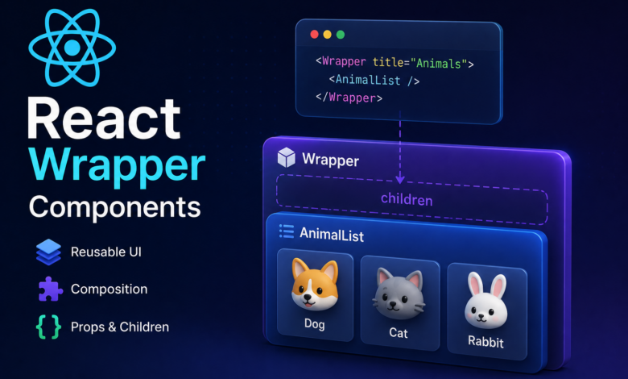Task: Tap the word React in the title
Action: pyautogui.click(x=104, y=119)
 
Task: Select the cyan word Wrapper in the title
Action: pyautogui.click(x=117, y=165)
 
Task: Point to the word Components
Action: pyautogui.click(x=115, y=207)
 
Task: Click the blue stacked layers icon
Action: pyautogui.click(x=48, y=252)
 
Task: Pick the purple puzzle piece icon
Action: pyautogui.click(x=51, y=289)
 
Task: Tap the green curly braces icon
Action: pyautogui.click(x=49, y=327)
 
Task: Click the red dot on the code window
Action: pyautogui.click(x=314, y=35)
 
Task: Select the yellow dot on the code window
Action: pyautogui.click(x=327, y=35)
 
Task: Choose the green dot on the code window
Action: pyautogui.click(x=341, y=35)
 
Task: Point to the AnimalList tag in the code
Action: pyautogui.click(x=374, y=80)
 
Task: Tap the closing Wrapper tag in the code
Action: pyautogui.click(x=349, y=98)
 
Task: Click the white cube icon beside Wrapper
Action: pyautogui.click(x=287, y=157)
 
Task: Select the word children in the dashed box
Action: pyautogui.click(x=407, y=199)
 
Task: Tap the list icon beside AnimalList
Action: pyautogui.click(x=287, y=231)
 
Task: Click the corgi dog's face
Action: pyautogui.click(x=315, y=285)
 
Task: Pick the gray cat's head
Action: pyautogui.click(x=399, y=294)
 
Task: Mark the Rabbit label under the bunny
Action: pyautogui.click(x=485, y=341)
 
